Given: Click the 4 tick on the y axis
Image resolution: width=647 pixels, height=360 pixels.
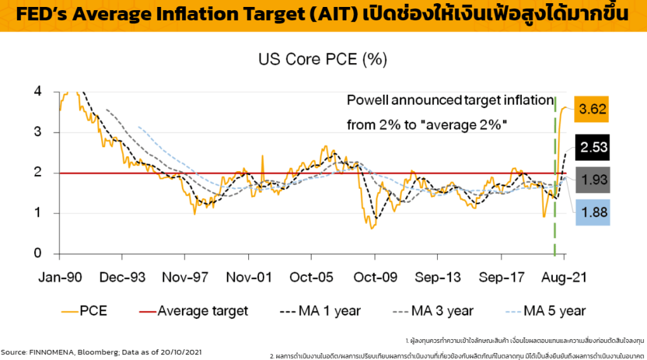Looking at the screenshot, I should pyautogui.click(x=37, y=92).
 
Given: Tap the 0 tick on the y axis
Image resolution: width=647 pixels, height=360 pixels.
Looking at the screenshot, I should pyautogui.click(x=37, y=254).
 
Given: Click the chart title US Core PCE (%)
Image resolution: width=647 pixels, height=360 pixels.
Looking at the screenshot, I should pyautogui.click(x=322, y=60).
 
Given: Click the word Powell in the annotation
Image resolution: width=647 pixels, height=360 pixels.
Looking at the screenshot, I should pyautogui.click(x=368, y=100).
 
